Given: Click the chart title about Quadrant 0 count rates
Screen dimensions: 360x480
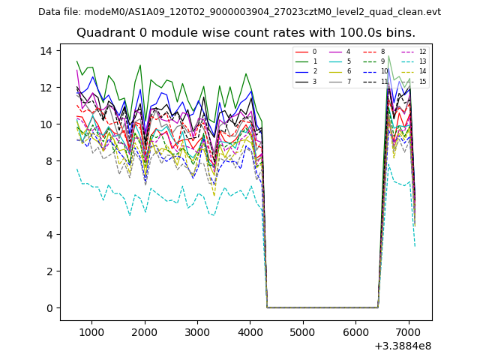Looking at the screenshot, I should (x=245, y=33).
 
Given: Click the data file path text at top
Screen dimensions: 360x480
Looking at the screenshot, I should (x=239, y=12).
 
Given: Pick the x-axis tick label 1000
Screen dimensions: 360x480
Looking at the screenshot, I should (x=91, y=331).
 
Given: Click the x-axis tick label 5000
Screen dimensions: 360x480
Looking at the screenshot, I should (x=302, y=331).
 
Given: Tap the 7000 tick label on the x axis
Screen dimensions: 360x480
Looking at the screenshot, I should (x=408, y=331).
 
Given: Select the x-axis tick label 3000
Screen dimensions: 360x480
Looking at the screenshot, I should (x=197, y=331).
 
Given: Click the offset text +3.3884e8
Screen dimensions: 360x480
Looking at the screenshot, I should (x=402, y=346).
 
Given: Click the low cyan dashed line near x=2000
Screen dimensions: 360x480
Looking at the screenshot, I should (x=145, y=211).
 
